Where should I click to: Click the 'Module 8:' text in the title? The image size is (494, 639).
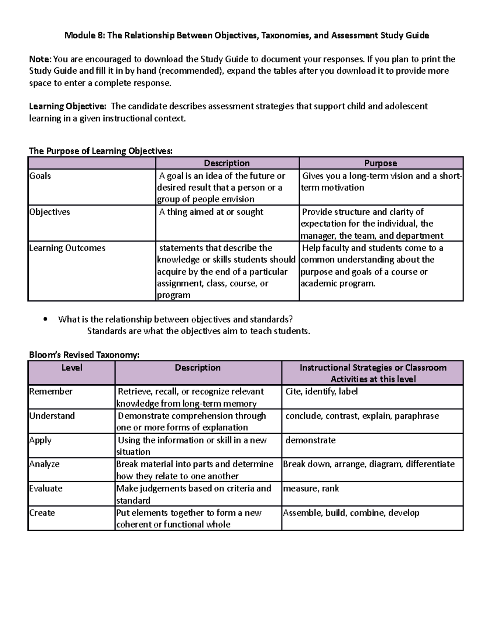pyautogui.click(x=84, y=35)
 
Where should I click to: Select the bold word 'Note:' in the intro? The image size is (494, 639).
pyautogui.click(x=40, y=59)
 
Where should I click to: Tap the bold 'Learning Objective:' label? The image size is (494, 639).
pyautogui.click(x=67, y=106)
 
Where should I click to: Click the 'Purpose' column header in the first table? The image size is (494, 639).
pyautogui.click(x=380, y=163)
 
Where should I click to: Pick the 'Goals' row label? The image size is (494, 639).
pyautogui.click(x=40, y=176)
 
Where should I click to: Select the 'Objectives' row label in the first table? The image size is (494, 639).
pyautogui.click(x=49, y=212)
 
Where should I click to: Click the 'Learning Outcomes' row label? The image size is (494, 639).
pyautogui.click(x=67, y=248)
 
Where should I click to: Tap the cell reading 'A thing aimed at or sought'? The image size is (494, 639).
pyautogui.click(x=211, y=212)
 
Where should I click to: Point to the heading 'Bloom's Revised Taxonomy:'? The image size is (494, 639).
pyautogui.click(x=84, y=355)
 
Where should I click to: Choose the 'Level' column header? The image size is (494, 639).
pyautogui.click(x=72, y=367)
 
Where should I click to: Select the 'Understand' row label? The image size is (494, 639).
pyautogui.click(x=52, y=416)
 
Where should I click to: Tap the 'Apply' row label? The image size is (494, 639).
pyautogui.click(x=40, y=440)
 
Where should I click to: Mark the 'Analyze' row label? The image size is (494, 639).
pyautogui.click(x=44, y=464)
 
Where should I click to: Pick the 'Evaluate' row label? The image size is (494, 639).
pyautogui.click(x=46, y=488)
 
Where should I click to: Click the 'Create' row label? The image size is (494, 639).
pyautogui.click(x=42, y=513)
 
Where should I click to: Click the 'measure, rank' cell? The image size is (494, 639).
pyautogui.click(x=311, y=488)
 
